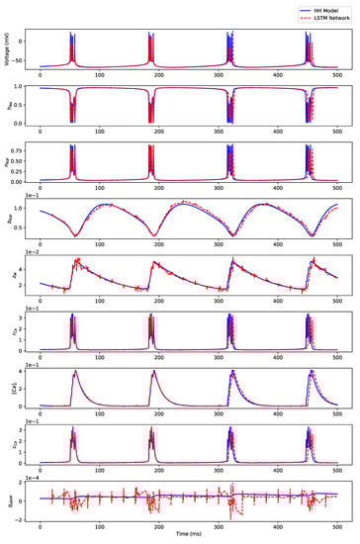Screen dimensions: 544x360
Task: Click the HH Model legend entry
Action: point(325,8)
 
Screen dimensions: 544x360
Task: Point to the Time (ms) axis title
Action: point(188,538)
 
